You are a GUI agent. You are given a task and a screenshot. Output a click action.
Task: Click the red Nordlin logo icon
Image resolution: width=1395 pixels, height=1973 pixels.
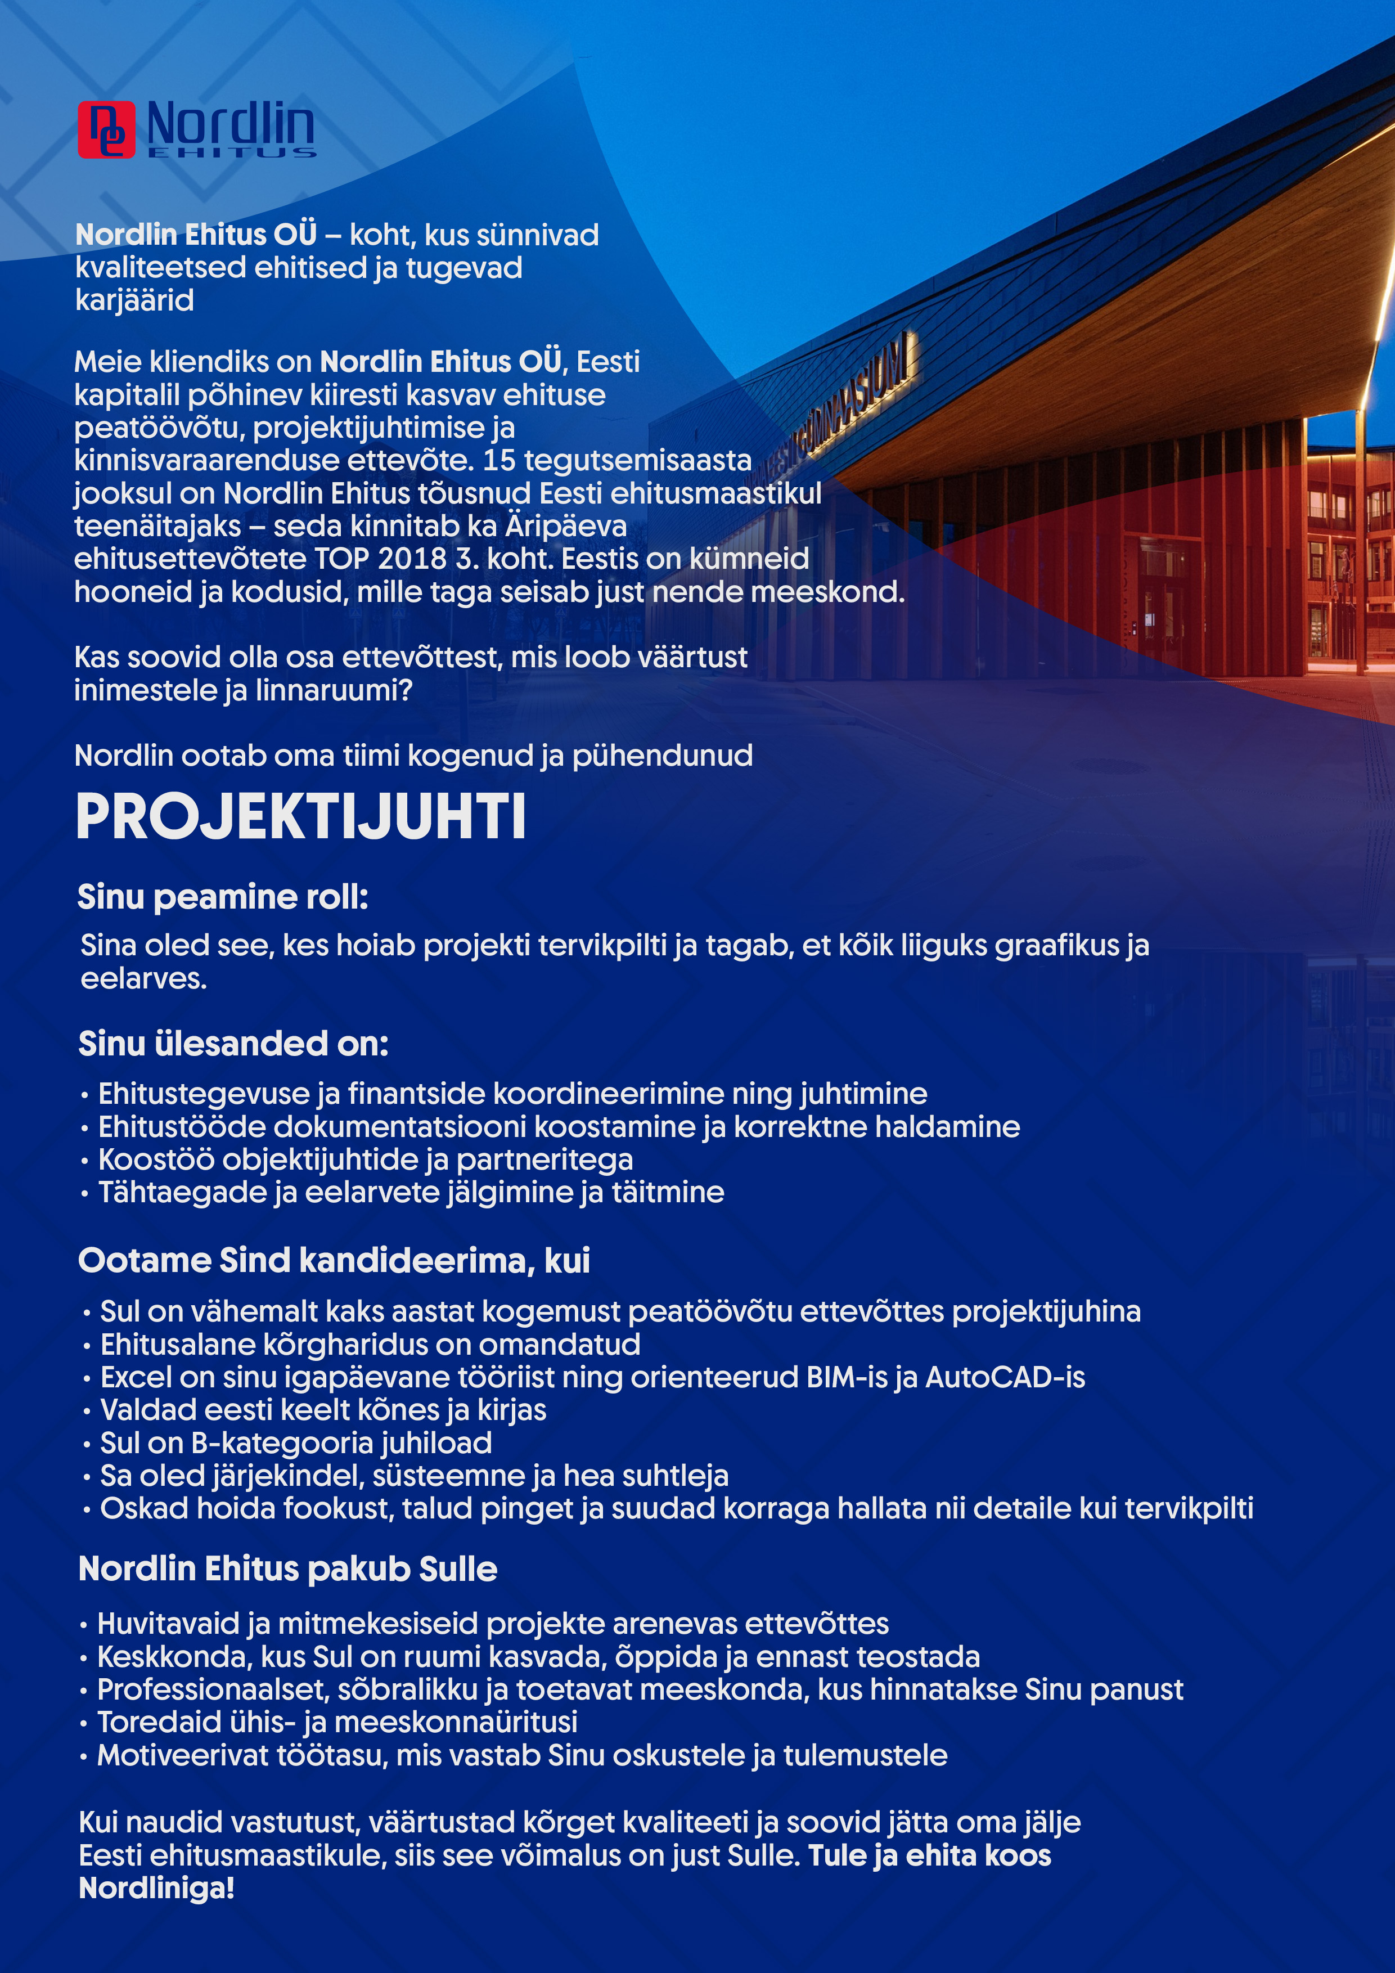click(x=106, y=130)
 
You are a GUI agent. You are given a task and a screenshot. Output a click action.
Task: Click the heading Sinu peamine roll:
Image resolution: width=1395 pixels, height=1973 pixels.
click(x=223, y=897)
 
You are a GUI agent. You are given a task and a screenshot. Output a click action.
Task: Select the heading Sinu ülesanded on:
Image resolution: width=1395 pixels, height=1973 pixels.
click(x=233, y=1044)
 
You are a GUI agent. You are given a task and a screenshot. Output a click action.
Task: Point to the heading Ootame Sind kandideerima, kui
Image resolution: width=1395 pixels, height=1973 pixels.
click(x=334, y=1261)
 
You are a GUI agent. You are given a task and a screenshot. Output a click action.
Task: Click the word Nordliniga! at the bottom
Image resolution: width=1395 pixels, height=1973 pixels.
click(x=156, y=1889)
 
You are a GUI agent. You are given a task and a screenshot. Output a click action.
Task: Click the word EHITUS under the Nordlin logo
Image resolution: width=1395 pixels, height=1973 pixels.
click(x=232, y=153)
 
